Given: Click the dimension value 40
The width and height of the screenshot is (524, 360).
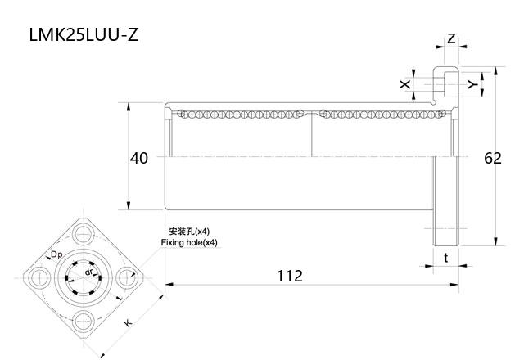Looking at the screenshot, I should (139, 158).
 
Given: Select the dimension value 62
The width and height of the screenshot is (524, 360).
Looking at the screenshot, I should (492, 158).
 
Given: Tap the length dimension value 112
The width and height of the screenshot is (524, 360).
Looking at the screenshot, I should (289, 276).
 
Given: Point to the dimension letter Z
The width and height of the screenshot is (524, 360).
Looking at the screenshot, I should (451, 38).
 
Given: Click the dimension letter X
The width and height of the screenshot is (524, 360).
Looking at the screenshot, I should (404, 83).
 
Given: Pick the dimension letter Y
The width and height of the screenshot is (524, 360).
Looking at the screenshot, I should (472, 83).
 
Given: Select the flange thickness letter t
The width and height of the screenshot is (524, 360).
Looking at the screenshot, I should (445, 258).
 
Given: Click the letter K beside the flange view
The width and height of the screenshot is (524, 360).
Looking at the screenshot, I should (128, 324).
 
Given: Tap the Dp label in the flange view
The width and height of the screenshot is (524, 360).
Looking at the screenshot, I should (56, 254).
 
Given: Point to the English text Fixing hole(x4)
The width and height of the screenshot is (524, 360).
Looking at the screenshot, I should (189, 243).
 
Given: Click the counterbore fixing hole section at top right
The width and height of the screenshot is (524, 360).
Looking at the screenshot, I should (446, 83).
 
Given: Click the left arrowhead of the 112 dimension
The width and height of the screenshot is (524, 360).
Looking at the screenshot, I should (169, 284).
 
